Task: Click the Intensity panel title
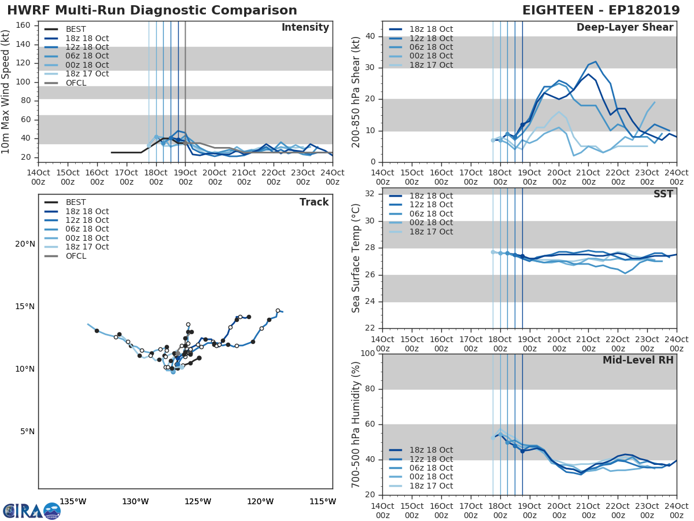305,28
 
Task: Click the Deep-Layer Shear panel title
625,28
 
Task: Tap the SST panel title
663,194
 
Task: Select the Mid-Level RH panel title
638,360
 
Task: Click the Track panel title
313,202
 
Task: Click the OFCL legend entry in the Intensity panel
76,83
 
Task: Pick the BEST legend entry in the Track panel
76,202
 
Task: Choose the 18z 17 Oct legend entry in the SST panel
431,232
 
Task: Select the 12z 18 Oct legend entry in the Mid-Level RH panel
431,459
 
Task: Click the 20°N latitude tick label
25,244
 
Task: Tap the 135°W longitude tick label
73,501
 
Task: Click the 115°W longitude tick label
323,501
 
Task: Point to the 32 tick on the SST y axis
371,194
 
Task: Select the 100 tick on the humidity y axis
368,354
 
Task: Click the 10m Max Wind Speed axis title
6,92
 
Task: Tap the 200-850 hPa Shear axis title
356,92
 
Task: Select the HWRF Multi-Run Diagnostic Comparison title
152,10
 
